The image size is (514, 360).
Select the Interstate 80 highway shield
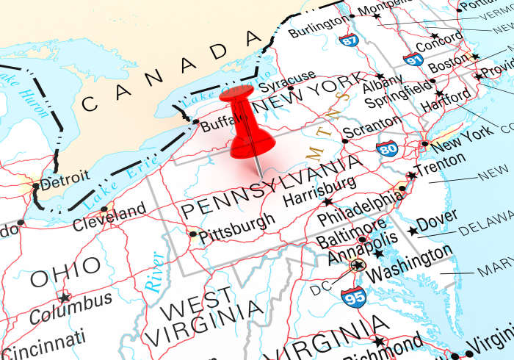(x=387, y=149)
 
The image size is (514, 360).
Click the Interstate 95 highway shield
(x=353, y=297)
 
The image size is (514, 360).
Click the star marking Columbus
(x=65, y=298)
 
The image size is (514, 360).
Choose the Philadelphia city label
(x=361, y=209)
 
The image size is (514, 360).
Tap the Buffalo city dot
(x=195, y=121)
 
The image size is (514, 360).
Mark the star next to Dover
(x=413, y=231)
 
